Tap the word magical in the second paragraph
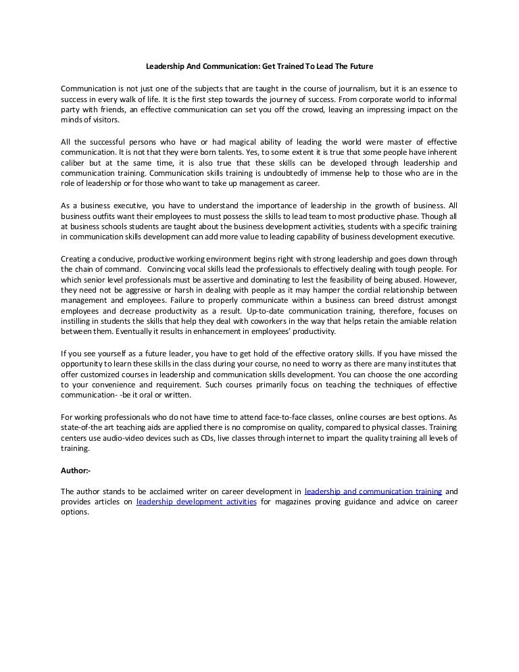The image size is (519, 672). coord(248,142)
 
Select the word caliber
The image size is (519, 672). coord(74,164)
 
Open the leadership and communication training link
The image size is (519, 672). coord(373,491)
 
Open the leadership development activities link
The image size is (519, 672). coord(196,502)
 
